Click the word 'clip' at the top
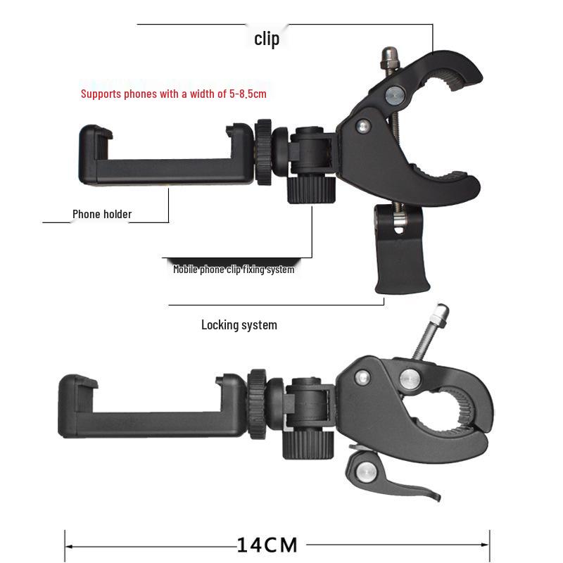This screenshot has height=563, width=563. pos(267,39)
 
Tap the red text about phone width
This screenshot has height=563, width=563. pos(173,93)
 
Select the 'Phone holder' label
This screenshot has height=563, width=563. pos(102,214)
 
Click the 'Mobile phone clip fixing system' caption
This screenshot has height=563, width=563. pos(234,269)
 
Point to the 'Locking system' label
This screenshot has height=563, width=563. pos(239,324)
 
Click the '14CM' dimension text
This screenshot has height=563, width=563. pos(267,544)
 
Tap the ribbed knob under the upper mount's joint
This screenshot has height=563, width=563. pos(310,189)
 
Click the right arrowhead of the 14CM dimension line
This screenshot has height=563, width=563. pos(486,545)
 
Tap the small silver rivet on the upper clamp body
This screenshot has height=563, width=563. pos(363,127)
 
